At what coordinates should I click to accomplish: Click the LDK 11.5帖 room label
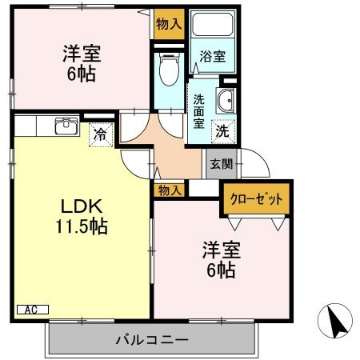[x=80, y=214]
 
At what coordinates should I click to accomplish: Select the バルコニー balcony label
[x=151, y=340]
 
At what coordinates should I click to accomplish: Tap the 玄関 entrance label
[x=221, y=165]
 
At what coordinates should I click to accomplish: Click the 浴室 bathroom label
[x=212, y=57]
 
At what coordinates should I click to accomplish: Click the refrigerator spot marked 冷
[x=102, y=134]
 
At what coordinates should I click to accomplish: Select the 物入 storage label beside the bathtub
[x=169, y=23]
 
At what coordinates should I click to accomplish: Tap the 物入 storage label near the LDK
[x=169, y=190]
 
